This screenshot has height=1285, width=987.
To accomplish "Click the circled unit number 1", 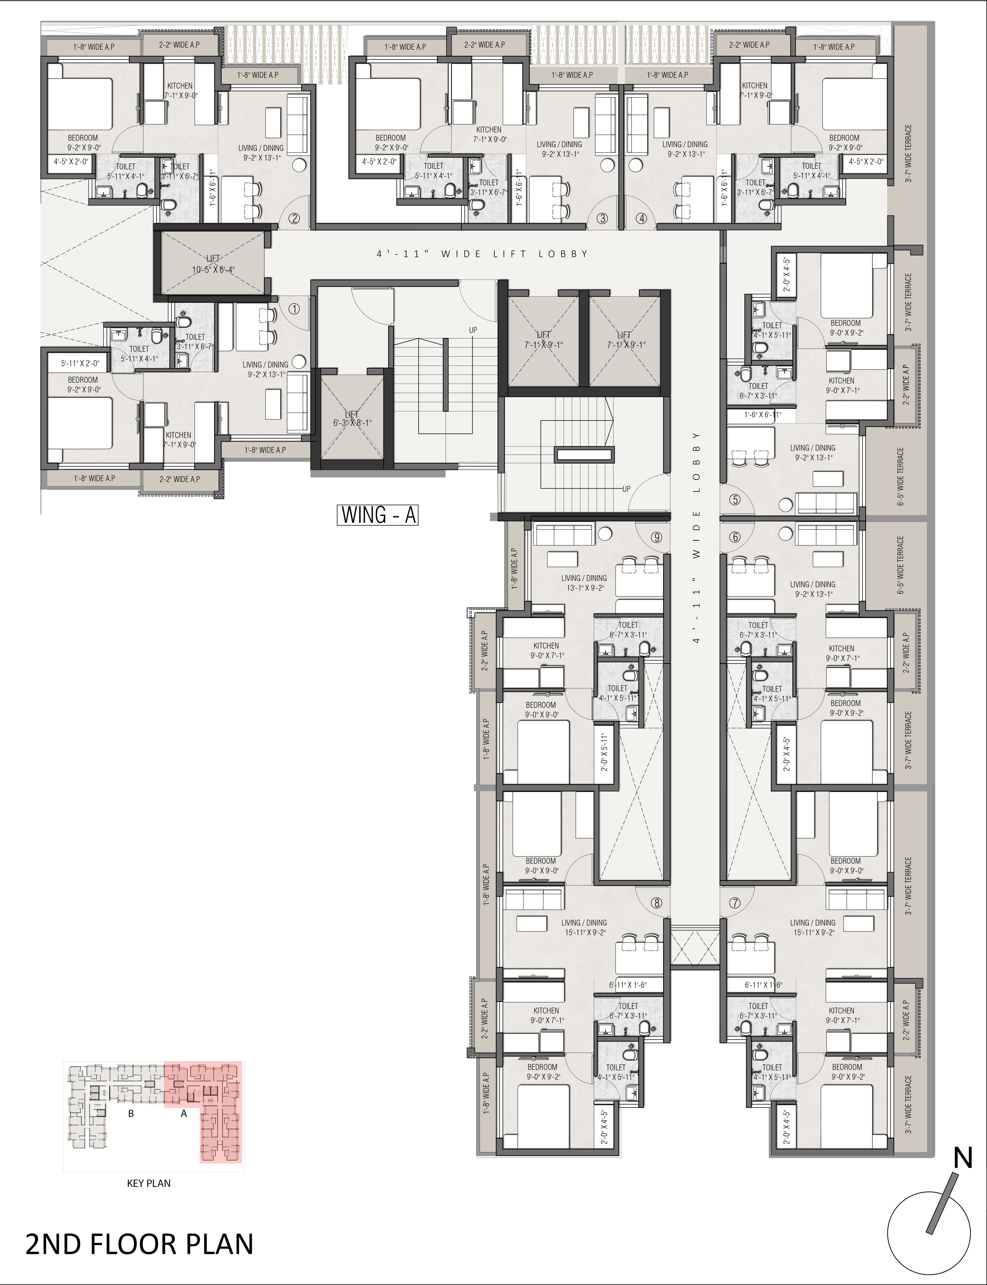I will click(294, 308).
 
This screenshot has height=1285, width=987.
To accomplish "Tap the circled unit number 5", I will click(734, 500).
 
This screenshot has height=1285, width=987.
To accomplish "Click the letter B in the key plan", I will click(131, 1113).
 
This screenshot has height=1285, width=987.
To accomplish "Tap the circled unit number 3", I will click(602, 218).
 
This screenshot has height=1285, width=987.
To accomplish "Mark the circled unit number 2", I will click(294, 218).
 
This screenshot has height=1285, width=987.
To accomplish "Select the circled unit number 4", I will click(642, 218).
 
